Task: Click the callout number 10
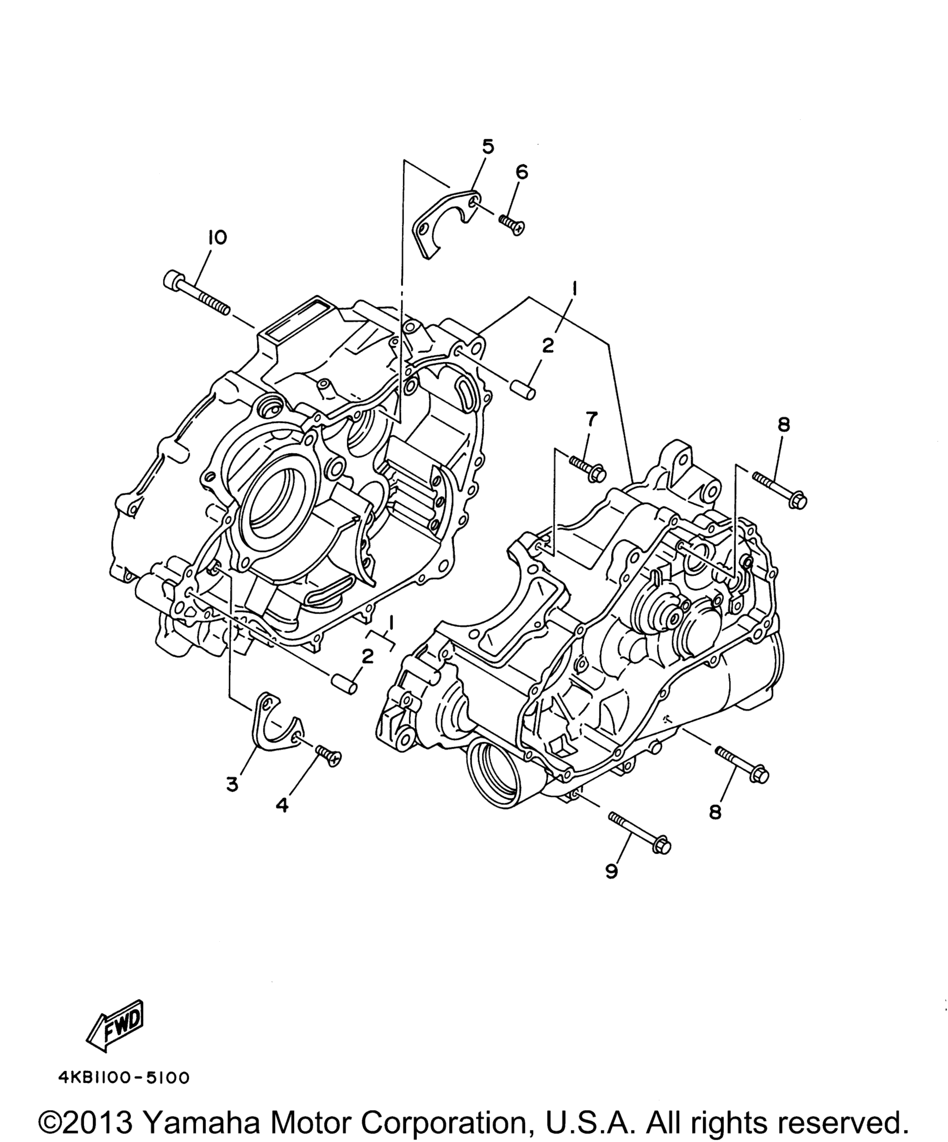click(x=217, y=238)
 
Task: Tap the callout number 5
click(x=488, y=146)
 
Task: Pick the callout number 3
click(x=232, y=784)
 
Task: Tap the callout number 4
click(x=282, y=805)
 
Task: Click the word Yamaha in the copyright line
click(x=201, y=1120)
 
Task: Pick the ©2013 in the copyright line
click(x=86, y=1120)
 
